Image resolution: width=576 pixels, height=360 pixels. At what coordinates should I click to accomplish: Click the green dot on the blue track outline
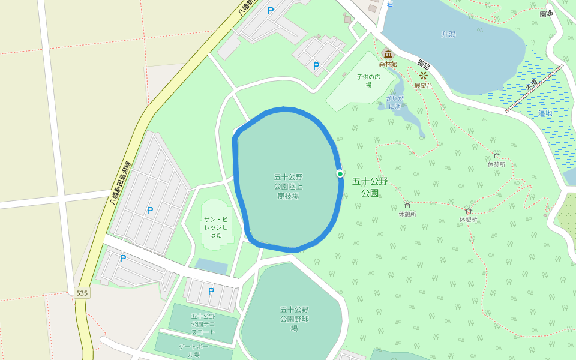[x=340, y=174]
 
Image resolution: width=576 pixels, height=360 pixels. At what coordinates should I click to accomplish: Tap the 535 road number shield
[x=82, y=293]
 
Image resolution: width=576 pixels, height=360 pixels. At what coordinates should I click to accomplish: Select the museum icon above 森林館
[x=388, y=55]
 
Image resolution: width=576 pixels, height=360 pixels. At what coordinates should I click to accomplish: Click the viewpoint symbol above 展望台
[x=424, y=76]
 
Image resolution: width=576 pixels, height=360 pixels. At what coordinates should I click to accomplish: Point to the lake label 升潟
[x=449, y=34]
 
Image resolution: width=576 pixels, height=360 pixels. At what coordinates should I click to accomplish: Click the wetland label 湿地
[x=545, y=113]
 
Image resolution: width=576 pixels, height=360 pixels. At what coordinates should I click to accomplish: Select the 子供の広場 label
[x=368, y=80]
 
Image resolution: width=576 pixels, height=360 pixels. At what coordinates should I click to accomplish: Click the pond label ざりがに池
[x=394, y=102]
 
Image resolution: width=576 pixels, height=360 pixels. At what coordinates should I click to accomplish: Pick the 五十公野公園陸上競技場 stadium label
[x=288, y=187]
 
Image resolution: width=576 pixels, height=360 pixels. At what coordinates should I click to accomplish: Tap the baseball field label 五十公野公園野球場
[x=294, y=319]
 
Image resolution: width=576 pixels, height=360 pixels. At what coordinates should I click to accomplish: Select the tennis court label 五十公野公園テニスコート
[x=203, y=324]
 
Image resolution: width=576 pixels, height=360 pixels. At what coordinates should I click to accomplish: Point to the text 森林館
[x=388, y=64]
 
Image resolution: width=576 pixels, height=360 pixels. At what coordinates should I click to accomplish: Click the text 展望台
[x=423, y=86]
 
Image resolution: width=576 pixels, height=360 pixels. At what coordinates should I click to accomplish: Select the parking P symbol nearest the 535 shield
[x=123, y=259]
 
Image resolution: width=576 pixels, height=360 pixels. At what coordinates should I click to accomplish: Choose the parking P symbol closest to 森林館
[x=316, y=66]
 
